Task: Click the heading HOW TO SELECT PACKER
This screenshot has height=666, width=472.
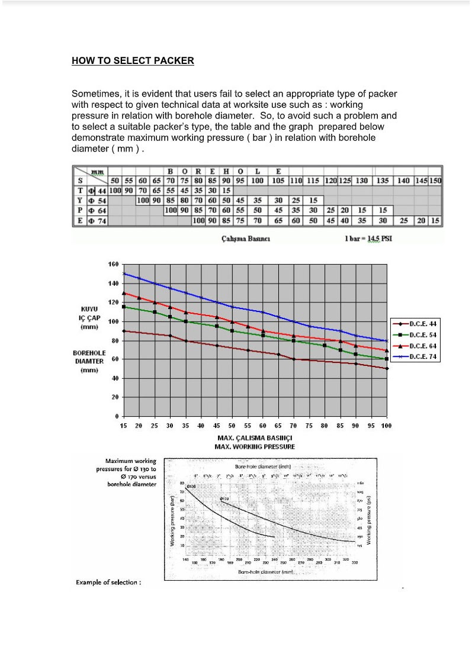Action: (x=133, y=60)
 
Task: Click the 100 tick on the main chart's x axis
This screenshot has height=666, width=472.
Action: (x=386, y=426)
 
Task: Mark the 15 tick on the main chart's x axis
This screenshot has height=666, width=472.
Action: (x=123, y=426)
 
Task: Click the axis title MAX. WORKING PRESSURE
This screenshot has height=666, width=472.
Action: (x=255, y=446)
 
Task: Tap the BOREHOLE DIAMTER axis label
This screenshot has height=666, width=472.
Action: (x=89, y=356)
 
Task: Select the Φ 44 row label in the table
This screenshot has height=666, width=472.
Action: (x=97, y=191)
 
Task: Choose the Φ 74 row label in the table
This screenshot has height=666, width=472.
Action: (x=97, y=221)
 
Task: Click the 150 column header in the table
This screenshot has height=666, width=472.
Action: (x=436, y=181)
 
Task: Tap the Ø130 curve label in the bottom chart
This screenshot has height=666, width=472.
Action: (x=192, y=485)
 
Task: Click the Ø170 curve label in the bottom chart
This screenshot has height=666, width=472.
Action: (x=225, y=499)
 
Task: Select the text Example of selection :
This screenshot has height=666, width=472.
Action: (x=109, y=583)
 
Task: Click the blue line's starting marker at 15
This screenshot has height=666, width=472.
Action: (x=124, y=274)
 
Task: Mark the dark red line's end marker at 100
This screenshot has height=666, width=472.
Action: (x=386, y=368)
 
